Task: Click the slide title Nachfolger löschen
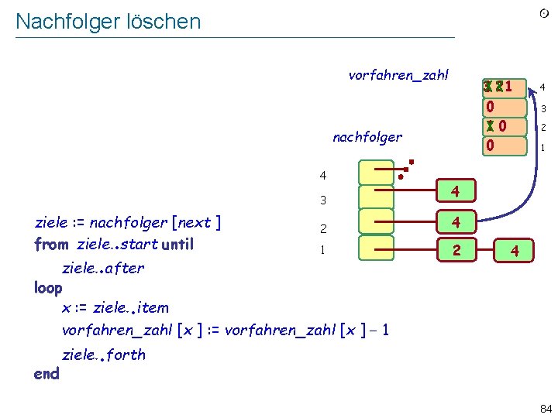point(108,22)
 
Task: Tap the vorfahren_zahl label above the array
point(398,75)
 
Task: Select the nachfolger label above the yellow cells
point(367,137)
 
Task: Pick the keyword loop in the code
point(48,288)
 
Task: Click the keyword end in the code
point(46,374)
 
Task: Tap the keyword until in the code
point(177,245)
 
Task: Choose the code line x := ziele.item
point(115,307)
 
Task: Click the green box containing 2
point(457,249)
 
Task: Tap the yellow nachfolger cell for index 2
point(376,223)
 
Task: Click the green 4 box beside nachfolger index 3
point(457,190)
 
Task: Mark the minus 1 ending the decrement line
point(381,331)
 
